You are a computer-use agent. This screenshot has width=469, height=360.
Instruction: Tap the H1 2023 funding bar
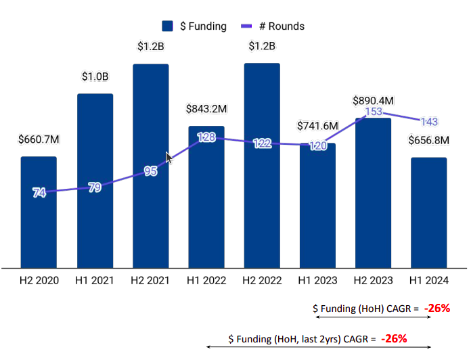[318, 217]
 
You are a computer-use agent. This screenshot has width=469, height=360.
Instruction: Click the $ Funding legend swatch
[168, 26]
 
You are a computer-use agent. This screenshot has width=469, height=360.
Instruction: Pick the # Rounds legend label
[282, 26]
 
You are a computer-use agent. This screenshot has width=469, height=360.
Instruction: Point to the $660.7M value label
[39, 140]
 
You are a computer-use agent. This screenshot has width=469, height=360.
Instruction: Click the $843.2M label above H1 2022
[206, 109]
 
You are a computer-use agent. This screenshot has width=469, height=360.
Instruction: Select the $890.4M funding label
[374, 100]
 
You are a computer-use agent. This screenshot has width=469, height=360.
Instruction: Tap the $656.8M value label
[429, 141]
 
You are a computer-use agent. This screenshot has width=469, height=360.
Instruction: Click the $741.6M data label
[318, 127]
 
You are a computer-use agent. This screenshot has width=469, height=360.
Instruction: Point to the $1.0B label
[95, 76]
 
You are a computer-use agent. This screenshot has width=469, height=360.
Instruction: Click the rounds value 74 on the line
[39, 193]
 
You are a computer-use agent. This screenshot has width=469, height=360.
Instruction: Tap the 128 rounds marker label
[206, 137]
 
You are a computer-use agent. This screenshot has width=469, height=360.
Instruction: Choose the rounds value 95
[150, 171]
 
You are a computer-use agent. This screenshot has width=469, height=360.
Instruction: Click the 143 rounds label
[429, 122]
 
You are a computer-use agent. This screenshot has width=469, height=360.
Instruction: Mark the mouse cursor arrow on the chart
[169, 158]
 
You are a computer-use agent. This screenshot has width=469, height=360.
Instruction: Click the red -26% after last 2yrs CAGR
[393, 338]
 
